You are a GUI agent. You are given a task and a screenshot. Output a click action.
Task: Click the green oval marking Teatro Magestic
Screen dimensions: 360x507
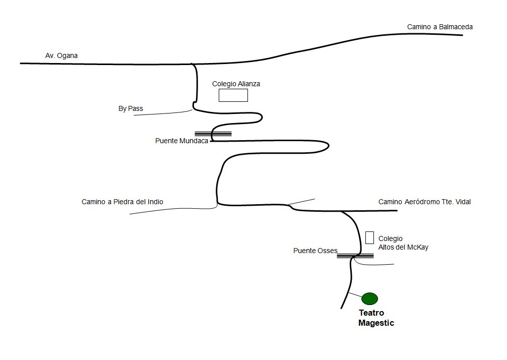coord(369,298)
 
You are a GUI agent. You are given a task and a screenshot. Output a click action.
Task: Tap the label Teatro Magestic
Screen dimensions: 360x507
coord(376,318)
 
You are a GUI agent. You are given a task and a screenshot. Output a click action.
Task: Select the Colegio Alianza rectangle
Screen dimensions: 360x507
coord(233,95)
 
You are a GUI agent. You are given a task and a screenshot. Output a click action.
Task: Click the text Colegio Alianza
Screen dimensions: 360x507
coord(236,84)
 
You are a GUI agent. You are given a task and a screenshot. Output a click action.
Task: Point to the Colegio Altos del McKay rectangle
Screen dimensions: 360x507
coord(369,237)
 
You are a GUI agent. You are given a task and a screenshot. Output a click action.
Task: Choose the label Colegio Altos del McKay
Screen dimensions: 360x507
coord(403,243)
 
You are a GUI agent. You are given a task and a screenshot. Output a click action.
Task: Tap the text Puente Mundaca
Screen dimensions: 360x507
coord(181,141)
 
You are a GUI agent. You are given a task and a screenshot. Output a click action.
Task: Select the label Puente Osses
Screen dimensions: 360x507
coord(315,251)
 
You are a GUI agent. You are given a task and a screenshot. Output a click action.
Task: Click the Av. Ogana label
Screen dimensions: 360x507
coord(61,55)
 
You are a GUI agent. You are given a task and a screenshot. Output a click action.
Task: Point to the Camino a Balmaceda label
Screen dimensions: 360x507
coord(440,27)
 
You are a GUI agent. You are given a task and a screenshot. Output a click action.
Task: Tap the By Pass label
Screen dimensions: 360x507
coord(131,108)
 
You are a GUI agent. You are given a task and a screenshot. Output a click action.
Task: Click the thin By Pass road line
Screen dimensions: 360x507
coord(161,113)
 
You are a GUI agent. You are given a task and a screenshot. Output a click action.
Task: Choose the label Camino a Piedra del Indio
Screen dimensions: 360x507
coord(122,202)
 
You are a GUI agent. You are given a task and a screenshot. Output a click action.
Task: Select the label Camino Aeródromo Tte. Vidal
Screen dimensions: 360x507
coord(424,202)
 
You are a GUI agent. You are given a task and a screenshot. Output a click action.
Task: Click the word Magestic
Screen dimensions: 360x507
coord(376,323)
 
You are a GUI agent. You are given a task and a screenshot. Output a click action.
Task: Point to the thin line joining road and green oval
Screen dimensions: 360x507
coord(355,295)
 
